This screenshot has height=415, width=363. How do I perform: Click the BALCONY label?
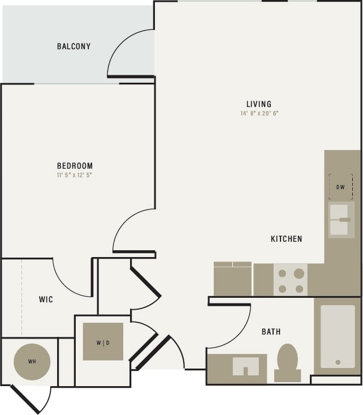(74, 46)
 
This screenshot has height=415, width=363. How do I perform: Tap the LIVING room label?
(259, 104)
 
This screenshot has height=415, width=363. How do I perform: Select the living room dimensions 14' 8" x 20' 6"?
(259, 113)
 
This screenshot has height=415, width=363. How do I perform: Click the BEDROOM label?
(74, 166)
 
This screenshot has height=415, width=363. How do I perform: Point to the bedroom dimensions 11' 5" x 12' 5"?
(74, 175)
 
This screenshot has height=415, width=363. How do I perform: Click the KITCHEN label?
(286, 239)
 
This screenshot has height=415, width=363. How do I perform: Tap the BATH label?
(271, 332)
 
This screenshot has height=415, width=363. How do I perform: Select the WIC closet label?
(46, 299)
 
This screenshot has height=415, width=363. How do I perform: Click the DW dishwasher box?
(340, 187)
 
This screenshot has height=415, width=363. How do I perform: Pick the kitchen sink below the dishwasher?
(341, 220)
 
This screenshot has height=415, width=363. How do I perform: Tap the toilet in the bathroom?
(287, 362)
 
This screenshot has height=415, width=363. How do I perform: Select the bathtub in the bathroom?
(338, 336)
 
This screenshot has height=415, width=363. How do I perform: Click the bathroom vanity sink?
(245, 367)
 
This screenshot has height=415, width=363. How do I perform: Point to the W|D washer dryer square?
(103, 341)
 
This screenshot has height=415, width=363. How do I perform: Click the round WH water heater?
(32, 361)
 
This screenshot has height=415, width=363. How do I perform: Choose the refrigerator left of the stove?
(232, 279)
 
